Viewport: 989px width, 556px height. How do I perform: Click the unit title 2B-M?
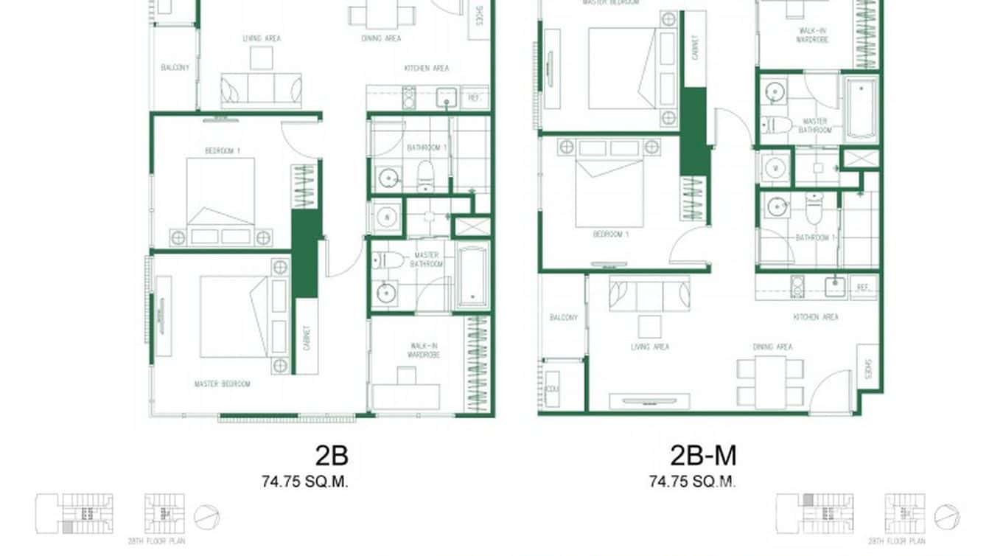click(702, 456)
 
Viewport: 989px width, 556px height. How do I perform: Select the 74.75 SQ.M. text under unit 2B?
click(304, 482)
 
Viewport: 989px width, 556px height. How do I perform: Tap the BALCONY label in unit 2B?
click(175, 68)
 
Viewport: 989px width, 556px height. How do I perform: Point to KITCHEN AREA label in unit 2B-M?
click(816, 317)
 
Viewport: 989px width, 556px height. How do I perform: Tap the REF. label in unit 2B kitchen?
click(475, 97)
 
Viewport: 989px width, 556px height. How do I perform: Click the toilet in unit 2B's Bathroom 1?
click(425, 176)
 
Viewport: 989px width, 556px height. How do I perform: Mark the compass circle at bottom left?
click(206, 516)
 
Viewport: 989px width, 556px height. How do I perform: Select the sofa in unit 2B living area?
click(261, 90)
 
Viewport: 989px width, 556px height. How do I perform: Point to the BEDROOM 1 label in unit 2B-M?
click(610, 235)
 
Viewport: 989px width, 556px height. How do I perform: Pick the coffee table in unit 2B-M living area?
click(649, 326)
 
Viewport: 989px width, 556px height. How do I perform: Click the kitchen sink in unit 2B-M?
click(835, 286)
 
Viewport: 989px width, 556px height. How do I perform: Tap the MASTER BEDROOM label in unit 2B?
click(222, 383)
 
